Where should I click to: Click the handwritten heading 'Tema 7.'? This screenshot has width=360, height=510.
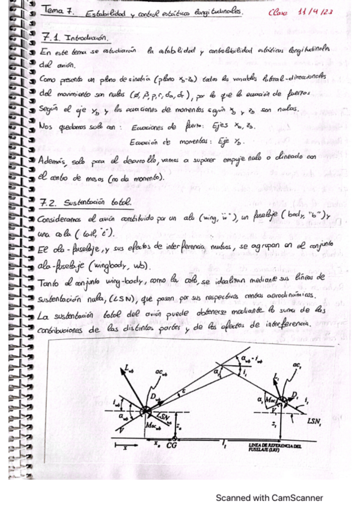tap(56, 11)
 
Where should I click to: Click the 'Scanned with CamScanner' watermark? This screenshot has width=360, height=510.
tap(269, 497)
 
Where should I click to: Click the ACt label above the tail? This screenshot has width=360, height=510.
tap(312, 366)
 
